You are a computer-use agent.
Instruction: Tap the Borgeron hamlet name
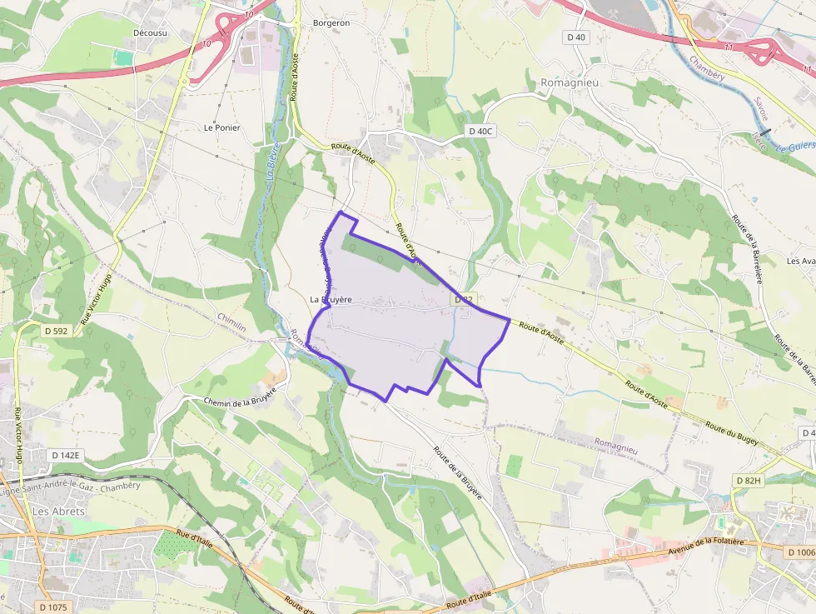click(331, 23)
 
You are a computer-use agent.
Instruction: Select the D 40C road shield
click(480, 131)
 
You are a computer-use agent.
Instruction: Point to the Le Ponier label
click(221, 127)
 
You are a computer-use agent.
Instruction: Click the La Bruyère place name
click(331, 299)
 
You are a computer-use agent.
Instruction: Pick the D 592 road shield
click(55, 331)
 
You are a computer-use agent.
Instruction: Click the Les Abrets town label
click(58, 511)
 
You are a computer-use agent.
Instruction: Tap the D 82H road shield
click(750, 481)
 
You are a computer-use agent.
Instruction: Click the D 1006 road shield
click(800, 552)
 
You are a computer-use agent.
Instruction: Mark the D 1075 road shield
click(51, 607)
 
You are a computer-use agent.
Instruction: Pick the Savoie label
click(760, 109)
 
